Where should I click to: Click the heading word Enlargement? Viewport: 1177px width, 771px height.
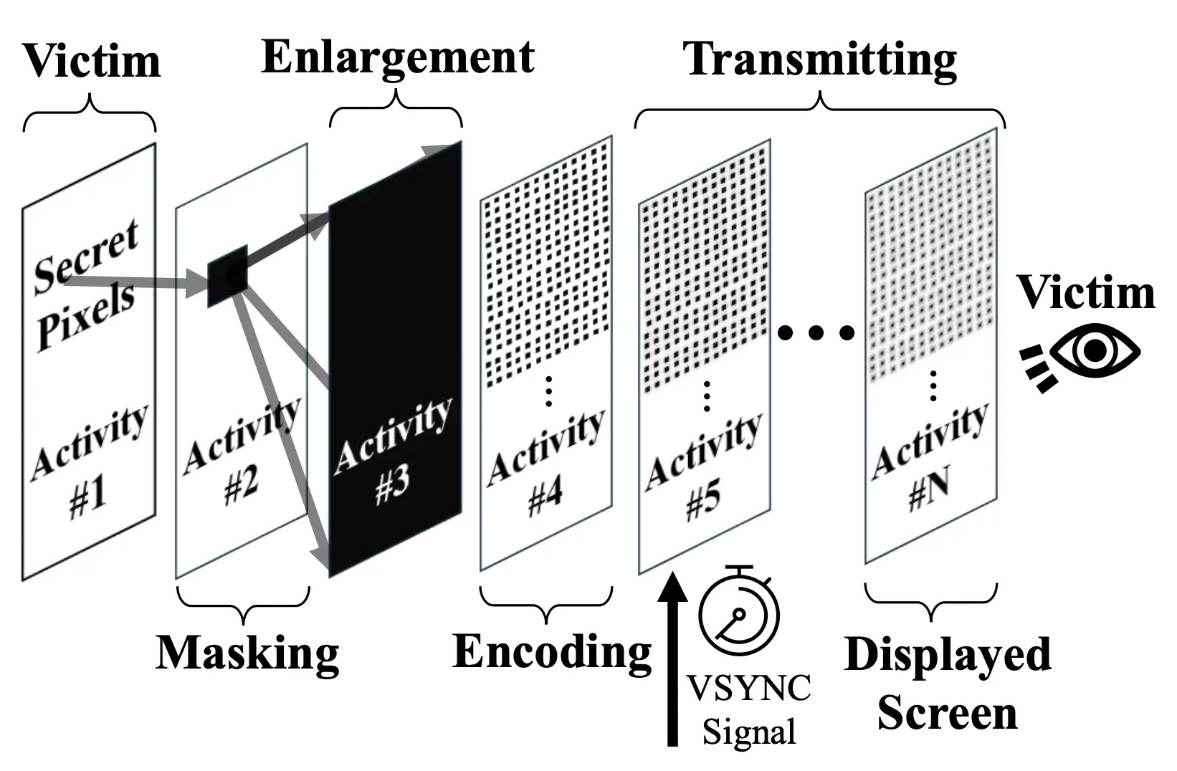[398, 57]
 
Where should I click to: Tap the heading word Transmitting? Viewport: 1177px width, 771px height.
[821, 59]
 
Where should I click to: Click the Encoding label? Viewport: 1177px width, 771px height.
[552, 652]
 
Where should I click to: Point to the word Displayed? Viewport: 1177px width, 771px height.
[948, 655]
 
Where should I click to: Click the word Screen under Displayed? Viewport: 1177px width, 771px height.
[948, 714]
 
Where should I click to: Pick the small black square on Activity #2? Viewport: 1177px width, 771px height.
[227, 275]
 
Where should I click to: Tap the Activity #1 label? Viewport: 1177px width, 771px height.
[90, 462]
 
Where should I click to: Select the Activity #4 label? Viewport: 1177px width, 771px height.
[546, 466]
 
